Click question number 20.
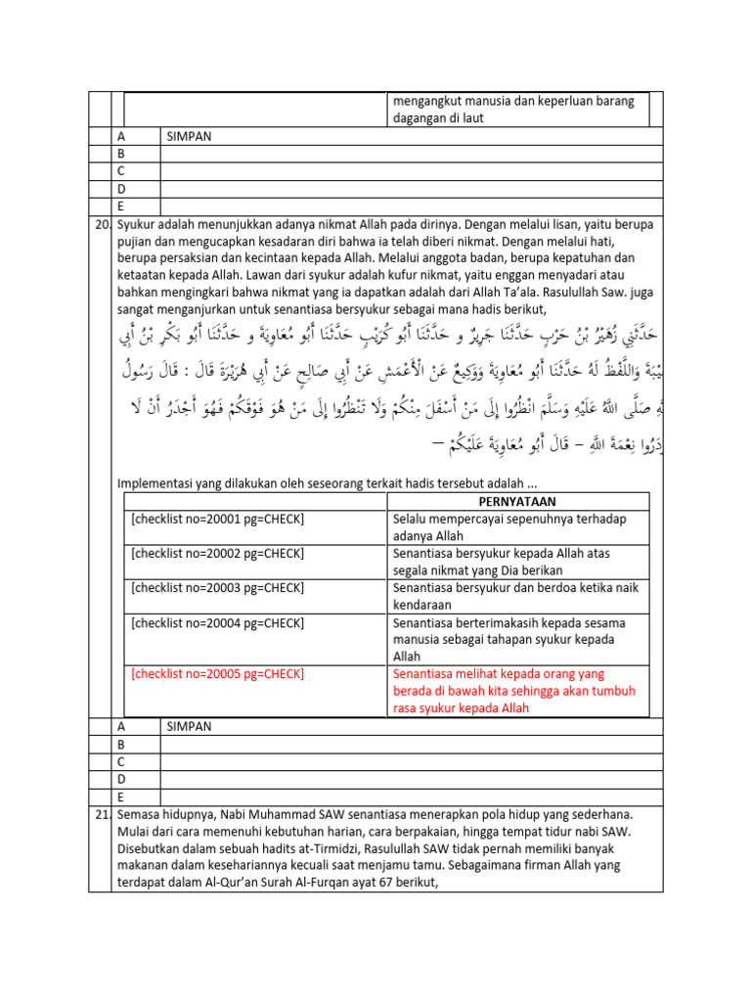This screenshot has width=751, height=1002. click(x=102, y=225)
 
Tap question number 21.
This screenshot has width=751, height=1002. click(x=102, y=814)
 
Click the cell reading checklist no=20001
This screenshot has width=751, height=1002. click(x=217, y=520)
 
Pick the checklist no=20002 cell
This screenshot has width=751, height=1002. click(x=217, y=554)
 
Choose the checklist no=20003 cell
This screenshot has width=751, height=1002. click(x=217, y=588)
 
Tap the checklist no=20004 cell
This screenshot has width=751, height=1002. click(x=217, y=622)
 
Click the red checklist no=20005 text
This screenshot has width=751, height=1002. click(x=217, y=674)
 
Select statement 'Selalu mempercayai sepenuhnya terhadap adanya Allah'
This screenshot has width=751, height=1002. click(x=508, y=528)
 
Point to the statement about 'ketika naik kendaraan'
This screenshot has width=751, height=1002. click(x=509, y=597)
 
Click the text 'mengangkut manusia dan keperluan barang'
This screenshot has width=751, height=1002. click(x=513, y=101)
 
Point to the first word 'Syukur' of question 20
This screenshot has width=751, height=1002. click(x=137, y=225)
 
